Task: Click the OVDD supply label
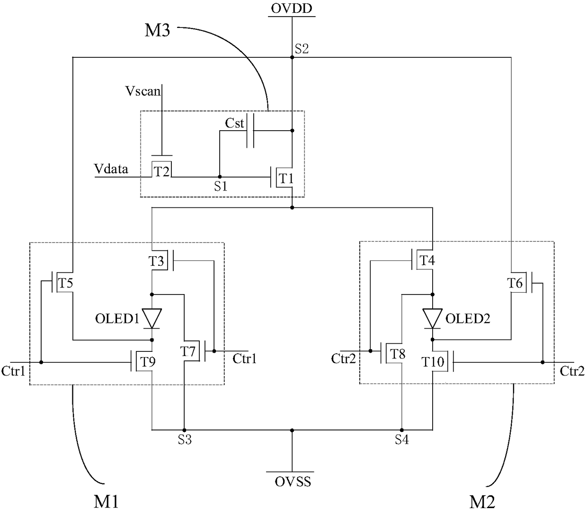pyautogui.click(x=292, y=9)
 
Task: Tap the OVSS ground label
pyautogui.click(x=293, y=482)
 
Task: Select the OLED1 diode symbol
pyautogui.click(x=152, y=318)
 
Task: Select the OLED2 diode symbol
pyautogui.click(x=432, y=318)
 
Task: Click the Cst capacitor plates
pyautogui.click(x=250, y=131)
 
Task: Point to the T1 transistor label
pyautogui.click(x=286, y=179)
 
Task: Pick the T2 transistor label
pyautogui.click(x=162, y=171)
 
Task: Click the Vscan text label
pyautogui.click(x=143, y=91)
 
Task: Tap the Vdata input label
pyautogui.click(x=111, y=169)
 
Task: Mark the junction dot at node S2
pyautogui.click(x=292, y=57)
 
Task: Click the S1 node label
pyautogui.click(x=221, y=187)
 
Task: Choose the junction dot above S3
pyautogui.click(x=184, y=430)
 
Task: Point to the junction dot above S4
pyautogui.click(x=401, y=430)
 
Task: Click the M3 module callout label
pyautogui.click(x=157, y=30)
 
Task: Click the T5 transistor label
pyautogui.click(x=65, y=283)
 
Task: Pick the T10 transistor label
pyautogui.click(x=433, y=362)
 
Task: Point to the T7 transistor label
pyautogui.click(x=187, y=351)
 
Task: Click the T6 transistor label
pyautogui.click(x=515, y=283)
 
